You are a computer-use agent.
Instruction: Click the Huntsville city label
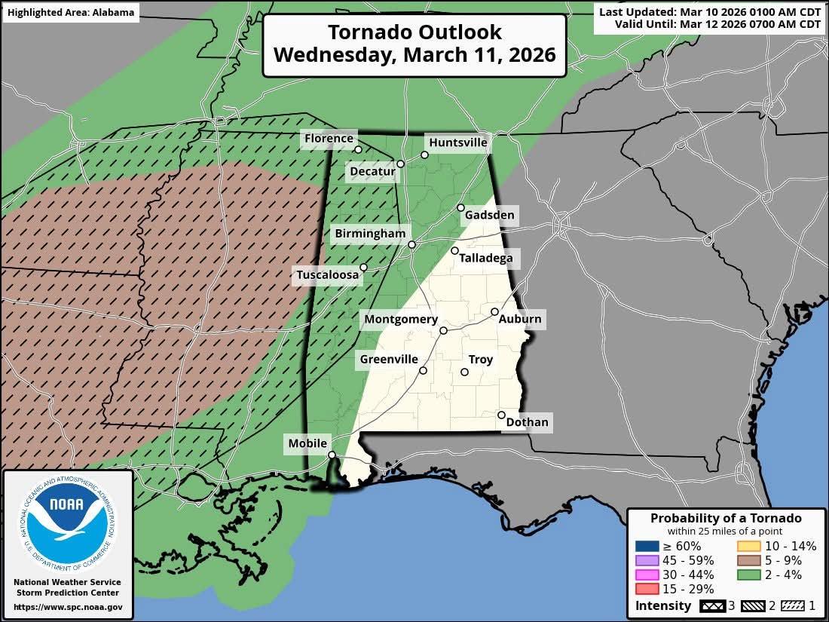457,142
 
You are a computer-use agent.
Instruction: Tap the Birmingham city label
372,234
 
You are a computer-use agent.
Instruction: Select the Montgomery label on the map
401,320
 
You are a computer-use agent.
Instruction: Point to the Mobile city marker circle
332,455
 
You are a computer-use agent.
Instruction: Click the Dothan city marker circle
501,415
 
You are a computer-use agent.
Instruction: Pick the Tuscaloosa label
327,276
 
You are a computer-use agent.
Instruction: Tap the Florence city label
328,138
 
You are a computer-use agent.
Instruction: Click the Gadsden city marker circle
460,207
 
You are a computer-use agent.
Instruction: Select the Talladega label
487,259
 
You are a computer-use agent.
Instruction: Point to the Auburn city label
520,319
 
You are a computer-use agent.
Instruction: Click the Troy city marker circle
464,372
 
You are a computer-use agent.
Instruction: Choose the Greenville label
389,360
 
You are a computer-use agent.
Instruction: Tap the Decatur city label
372,172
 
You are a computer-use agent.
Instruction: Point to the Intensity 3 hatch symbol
713,605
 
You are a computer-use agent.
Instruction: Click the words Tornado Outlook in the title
414,32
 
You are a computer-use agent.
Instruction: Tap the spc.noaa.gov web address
68,607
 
